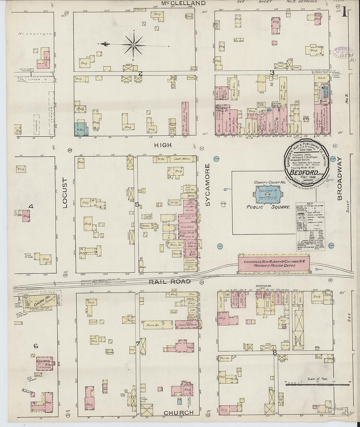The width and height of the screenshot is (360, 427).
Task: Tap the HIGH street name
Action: click(162, 145)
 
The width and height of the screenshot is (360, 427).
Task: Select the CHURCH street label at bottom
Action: click(178, 413)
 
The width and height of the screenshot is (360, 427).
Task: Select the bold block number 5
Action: click(137, 205)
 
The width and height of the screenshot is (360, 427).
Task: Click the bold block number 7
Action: click(137, 343)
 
